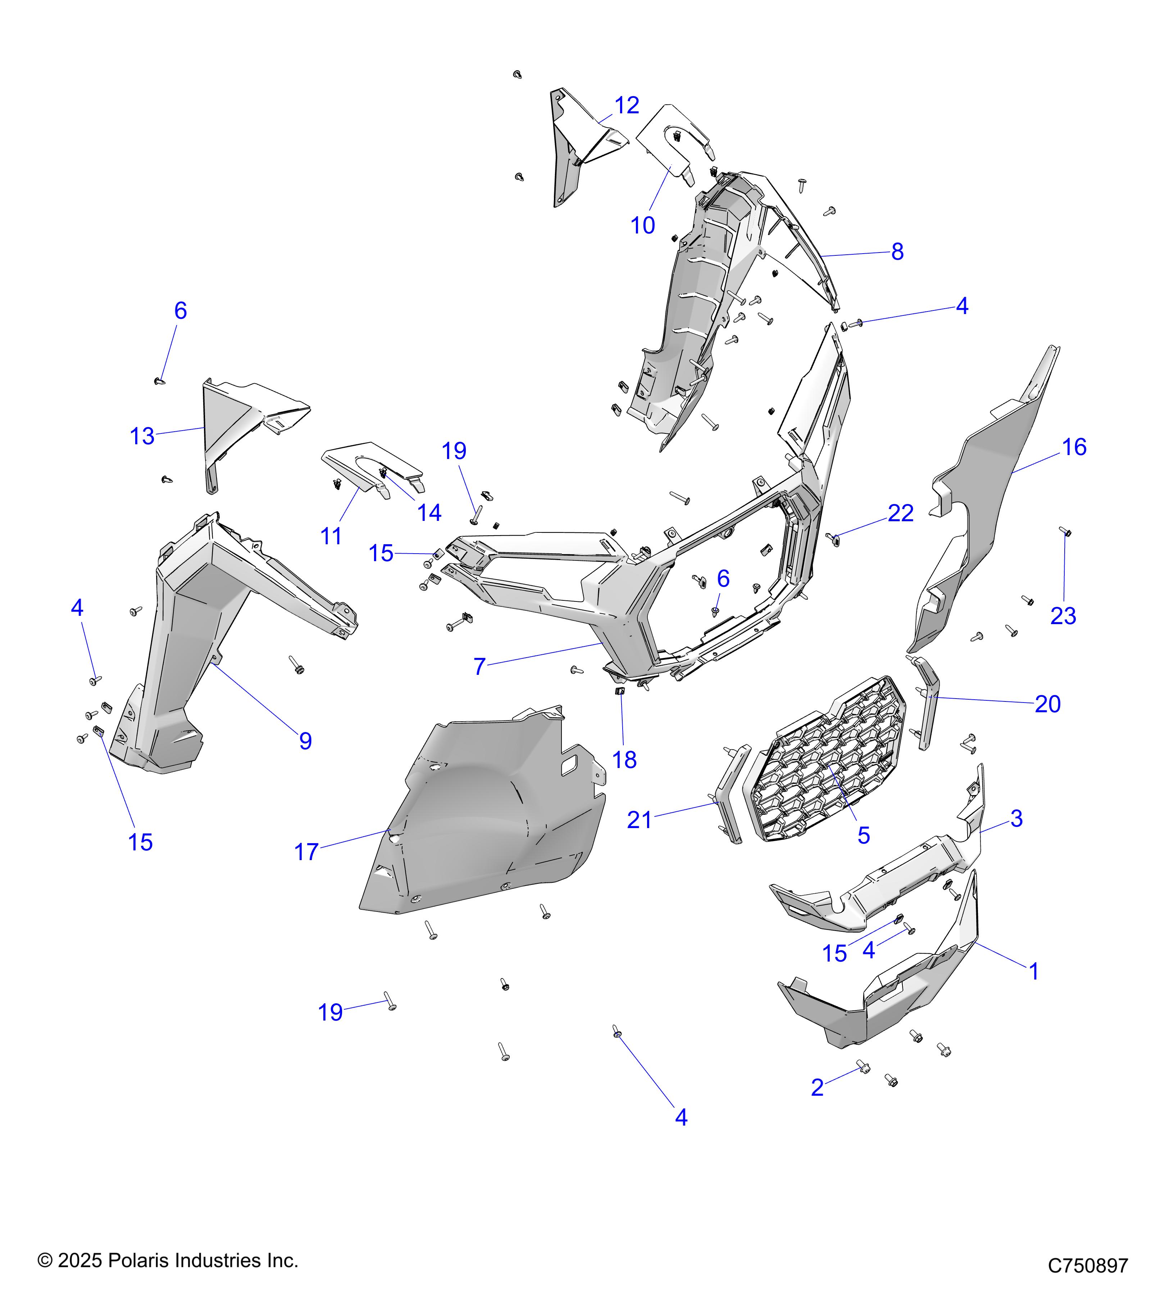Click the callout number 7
tap(479, 667)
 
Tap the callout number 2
tap(817, 1088)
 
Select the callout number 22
tap(900, 513)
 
